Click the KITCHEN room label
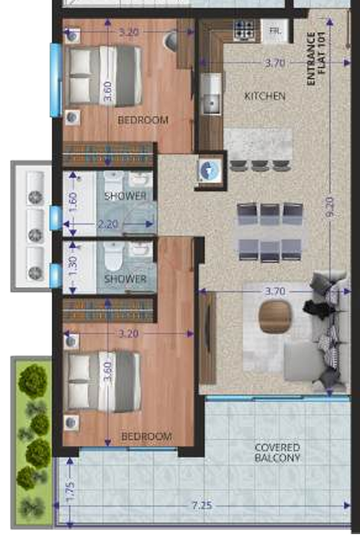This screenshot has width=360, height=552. [x=265, y=96]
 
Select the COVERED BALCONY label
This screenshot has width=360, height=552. [x=277, y=453]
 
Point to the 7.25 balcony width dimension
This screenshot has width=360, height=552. [x=201, y=505]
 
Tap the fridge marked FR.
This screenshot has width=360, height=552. [x=275, y=31]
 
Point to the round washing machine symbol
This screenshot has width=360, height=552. [x=209, y=169]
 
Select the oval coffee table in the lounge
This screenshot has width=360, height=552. [x=272, y=317]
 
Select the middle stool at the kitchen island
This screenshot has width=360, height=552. [x=259, y=165]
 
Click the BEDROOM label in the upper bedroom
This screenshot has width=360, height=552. [x=143, y=119]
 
